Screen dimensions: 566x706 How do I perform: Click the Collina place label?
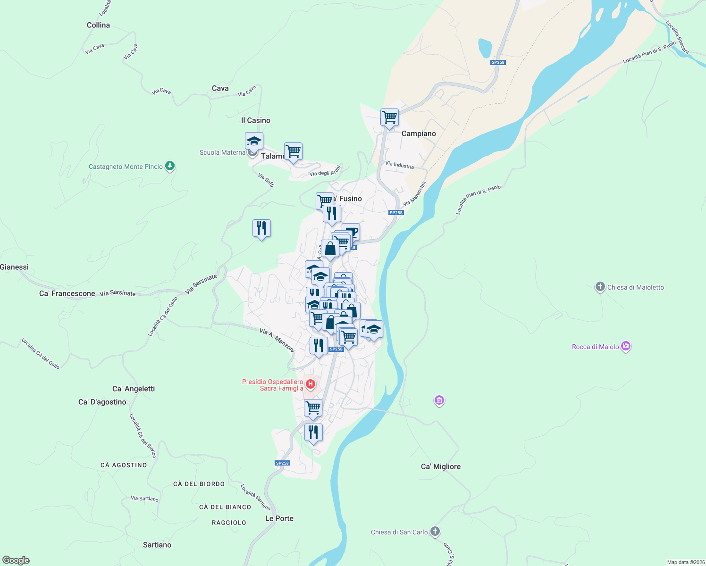point(98,25)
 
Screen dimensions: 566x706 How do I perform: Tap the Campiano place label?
point(419,133)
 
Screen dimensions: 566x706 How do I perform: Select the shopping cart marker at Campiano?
point(389,117)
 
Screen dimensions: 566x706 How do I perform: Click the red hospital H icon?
point(311,384)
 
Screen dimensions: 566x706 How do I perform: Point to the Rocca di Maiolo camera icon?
point(626,347)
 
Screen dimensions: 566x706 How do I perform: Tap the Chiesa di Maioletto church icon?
point(600,287)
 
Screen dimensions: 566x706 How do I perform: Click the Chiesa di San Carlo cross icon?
point(435,532)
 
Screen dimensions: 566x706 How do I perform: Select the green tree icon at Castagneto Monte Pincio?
point(170,166)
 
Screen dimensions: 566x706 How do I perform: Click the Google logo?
point(16,560)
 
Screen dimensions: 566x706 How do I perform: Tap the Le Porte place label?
point(279,518)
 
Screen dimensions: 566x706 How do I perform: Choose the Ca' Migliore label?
point(440,466)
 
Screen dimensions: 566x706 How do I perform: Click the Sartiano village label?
point(157,545)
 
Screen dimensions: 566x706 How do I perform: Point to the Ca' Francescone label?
point(67,293)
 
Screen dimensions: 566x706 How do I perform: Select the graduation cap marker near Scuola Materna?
point(254,141)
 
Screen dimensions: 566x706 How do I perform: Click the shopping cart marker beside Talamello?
point(293,151)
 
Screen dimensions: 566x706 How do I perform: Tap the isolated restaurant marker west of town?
point(261,229)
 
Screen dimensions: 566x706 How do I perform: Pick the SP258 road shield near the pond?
point(498,62)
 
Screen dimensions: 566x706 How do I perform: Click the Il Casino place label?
point(256,120)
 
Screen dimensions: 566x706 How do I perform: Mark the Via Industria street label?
point(399,165)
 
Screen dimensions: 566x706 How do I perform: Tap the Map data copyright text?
point(685,562)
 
